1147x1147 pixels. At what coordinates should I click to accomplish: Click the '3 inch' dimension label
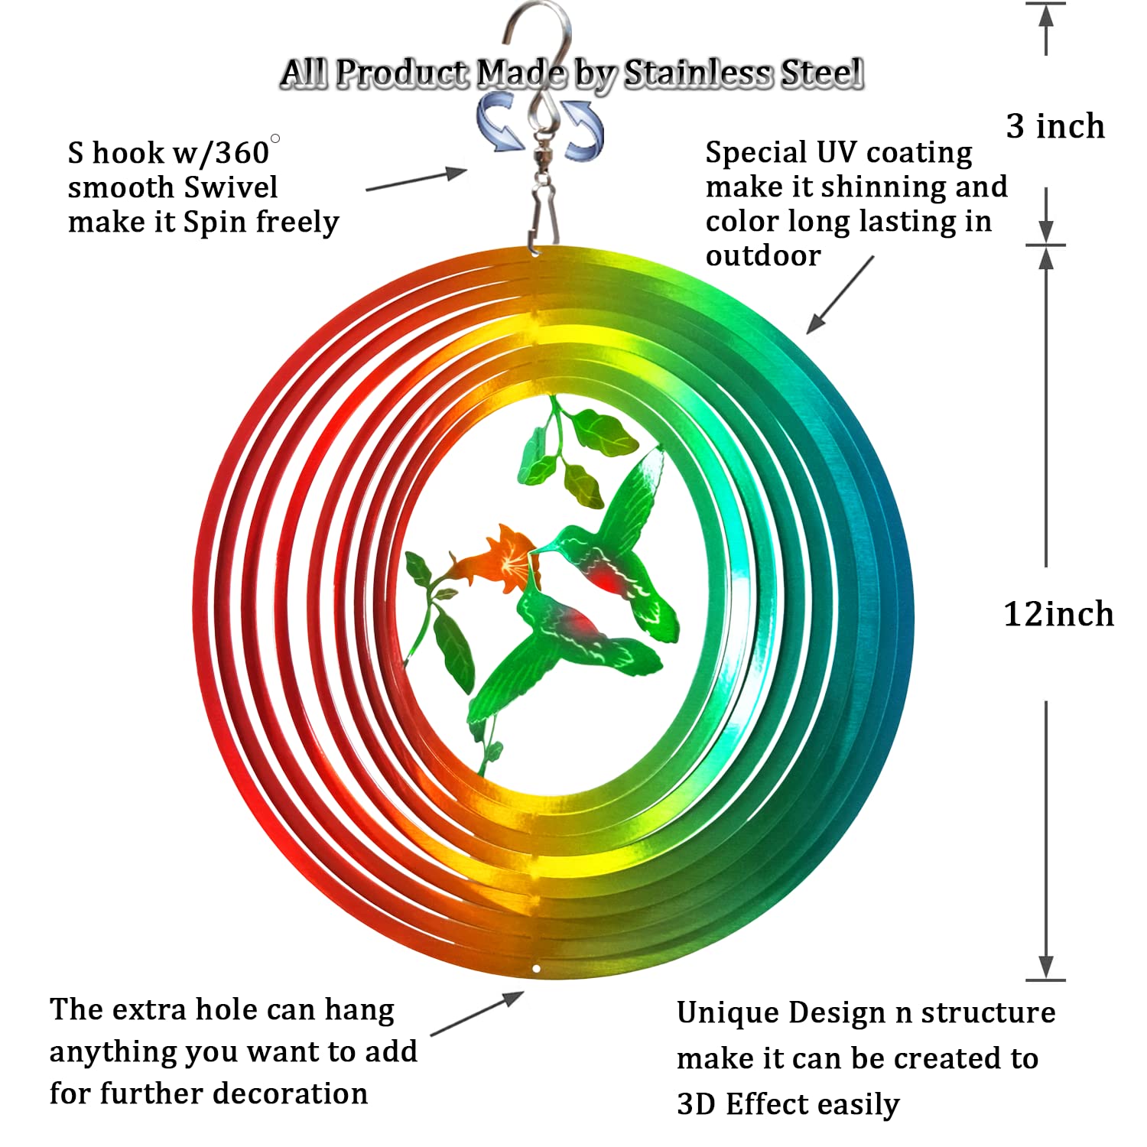1055,126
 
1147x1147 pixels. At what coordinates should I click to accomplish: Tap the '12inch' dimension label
1058,614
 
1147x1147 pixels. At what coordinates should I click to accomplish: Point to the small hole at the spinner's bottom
537,969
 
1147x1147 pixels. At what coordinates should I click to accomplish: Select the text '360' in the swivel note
242,153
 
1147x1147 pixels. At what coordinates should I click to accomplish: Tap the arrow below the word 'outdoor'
840,294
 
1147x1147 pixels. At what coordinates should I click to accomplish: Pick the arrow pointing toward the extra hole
477,1013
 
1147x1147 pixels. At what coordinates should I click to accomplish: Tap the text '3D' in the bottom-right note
696,1104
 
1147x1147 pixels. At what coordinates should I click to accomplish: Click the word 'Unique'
726,1014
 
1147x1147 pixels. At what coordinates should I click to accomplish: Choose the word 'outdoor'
763,255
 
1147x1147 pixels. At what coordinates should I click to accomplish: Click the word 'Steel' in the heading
822,74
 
